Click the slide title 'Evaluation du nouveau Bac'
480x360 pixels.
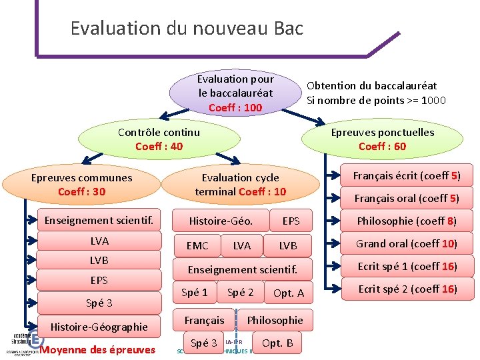tap(187, 29)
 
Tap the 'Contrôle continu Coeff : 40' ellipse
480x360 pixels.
tap(159, 139)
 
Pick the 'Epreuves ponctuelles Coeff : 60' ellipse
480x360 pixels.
tap(382, 139)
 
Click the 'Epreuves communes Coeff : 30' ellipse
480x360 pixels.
tap(81, 185)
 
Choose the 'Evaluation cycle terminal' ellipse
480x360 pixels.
tap(240, 185)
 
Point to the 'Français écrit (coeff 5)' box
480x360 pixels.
tap(406, 176)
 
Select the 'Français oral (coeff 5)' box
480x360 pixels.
tap(406, 198)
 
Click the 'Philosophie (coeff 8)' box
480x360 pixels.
tap(406, 221)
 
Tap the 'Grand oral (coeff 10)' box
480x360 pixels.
tap(406, 243)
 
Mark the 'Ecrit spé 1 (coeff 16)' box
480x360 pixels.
tap(406, 266)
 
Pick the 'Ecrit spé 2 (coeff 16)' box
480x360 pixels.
tap(406, 289)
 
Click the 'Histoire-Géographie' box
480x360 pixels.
tap(99, 327)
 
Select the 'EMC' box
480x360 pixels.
tap(197, 246)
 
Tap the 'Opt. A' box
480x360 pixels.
tap(289, 293)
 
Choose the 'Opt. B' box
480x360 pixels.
tap(277, 343)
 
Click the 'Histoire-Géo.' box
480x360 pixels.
tap(221, 221)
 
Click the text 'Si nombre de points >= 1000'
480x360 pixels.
tap(376, 101)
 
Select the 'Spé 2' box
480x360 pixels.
tap(240, 293)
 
